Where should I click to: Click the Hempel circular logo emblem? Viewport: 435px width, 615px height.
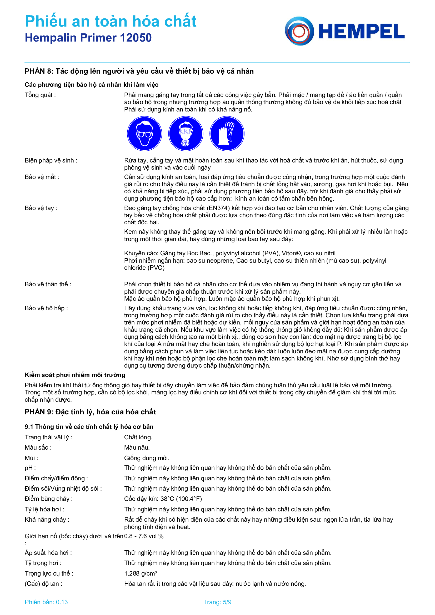click(x=299, y=31)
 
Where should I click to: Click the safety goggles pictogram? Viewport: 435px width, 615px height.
click(x=144, y=133)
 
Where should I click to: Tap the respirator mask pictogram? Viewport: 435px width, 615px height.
click(x=186, y=133)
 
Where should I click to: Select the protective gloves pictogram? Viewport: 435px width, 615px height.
click(x=227, y=133)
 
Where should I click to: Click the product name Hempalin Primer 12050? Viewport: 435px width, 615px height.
click(x=88, y=38)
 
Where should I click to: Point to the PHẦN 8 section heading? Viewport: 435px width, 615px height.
click(x=139, y=71)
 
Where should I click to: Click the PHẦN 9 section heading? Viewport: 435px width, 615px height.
click(x=90, y=412)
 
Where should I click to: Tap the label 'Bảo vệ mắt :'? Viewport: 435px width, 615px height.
click(x=42, y=177)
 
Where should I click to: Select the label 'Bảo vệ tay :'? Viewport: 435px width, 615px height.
click(x=41, y=208)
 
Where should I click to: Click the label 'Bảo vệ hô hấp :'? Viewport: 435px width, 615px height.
click(x=46, y=308)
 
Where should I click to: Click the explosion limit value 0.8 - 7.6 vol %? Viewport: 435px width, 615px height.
click(x=144, y=536)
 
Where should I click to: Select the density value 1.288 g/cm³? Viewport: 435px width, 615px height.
click(x=141, y=573)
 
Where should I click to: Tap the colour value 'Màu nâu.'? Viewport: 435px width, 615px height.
click(x=137, y=447)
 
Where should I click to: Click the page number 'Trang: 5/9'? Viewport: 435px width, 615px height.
click(x=217, y=602)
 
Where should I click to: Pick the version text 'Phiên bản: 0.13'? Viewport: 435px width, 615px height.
click(x=46, y=602)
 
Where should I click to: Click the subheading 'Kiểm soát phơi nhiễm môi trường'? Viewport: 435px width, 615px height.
click(x=75, y=375)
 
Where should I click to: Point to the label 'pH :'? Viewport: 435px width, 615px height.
click(x=30, y=468)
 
